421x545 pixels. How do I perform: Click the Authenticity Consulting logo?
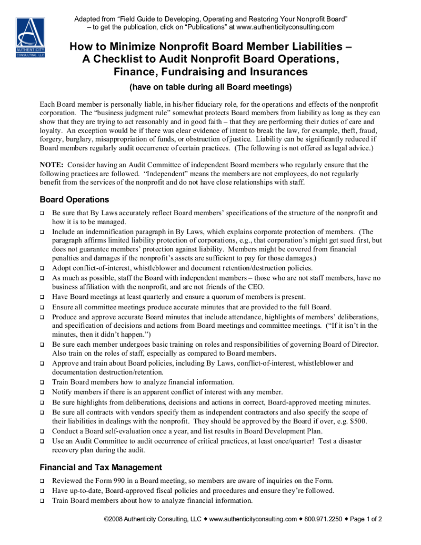(30, 38)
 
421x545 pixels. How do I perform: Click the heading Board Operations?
(74, 200)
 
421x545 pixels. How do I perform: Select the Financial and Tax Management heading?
(101, 467)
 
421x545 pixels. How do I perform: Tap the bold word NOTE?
(52, 165)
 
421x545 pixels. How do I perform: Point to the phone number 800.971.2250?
(323, 519)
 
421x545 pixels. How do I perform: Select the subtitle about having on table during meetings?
(210, 87)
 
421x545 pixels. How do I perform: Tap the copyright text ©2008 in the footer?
(113, 519)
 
